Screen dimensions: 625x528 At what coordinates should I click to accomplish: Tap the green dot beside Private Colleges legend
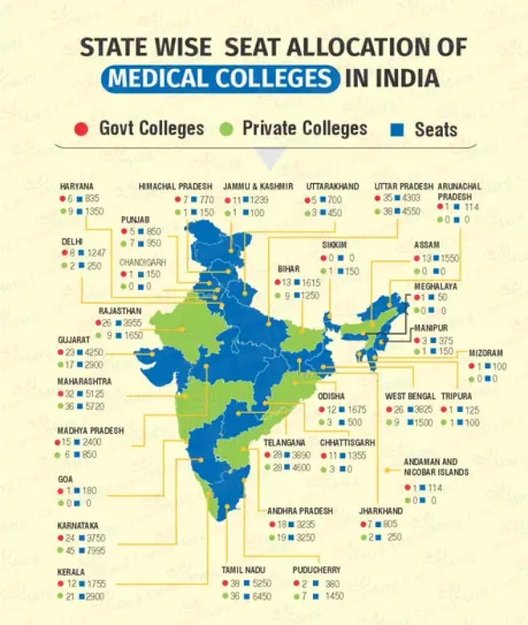click(228, 128)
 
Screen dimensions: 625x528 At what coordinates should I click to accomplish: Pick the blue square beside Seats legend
click(401, 129)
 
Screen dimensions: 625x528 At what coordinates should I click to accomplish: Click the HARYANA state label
click(77, 186)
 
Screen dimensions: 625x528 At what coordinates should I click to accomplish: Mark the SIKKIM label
click(334, 245)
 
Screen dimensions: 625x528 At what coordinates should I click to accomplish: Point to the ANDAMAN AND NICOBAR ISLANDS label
click(430, 467)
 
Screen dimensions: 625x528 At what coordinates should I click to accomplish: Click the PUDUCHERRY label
click(316, 569)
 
